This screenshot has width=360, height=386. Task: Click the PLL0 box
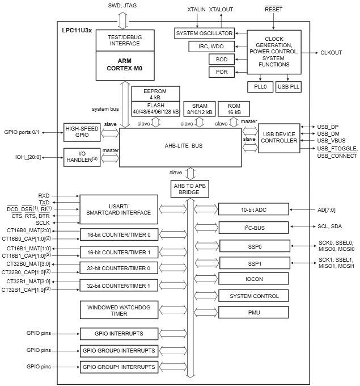[260, 87]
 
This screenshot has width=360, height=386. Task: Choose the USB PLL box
[289, 87]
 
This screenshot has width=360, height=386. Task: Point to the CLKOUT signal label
[331, 53]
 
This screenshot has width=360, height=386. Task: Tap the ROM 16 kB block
[234, 109]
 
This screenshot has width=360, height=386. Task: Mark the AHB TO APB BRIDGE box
[190, 189]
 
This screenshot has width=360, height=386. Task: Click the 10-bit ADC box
[253, 210]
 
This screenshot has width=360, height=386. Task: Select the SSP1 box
[253, 265]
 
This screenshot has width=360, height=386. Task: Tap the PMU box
[253, 312]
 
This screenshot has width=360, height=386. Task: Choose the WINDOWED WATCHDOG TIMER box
[118, 311]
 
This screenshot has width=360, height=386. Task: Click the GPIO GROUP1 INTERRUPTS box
[118, 367]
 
